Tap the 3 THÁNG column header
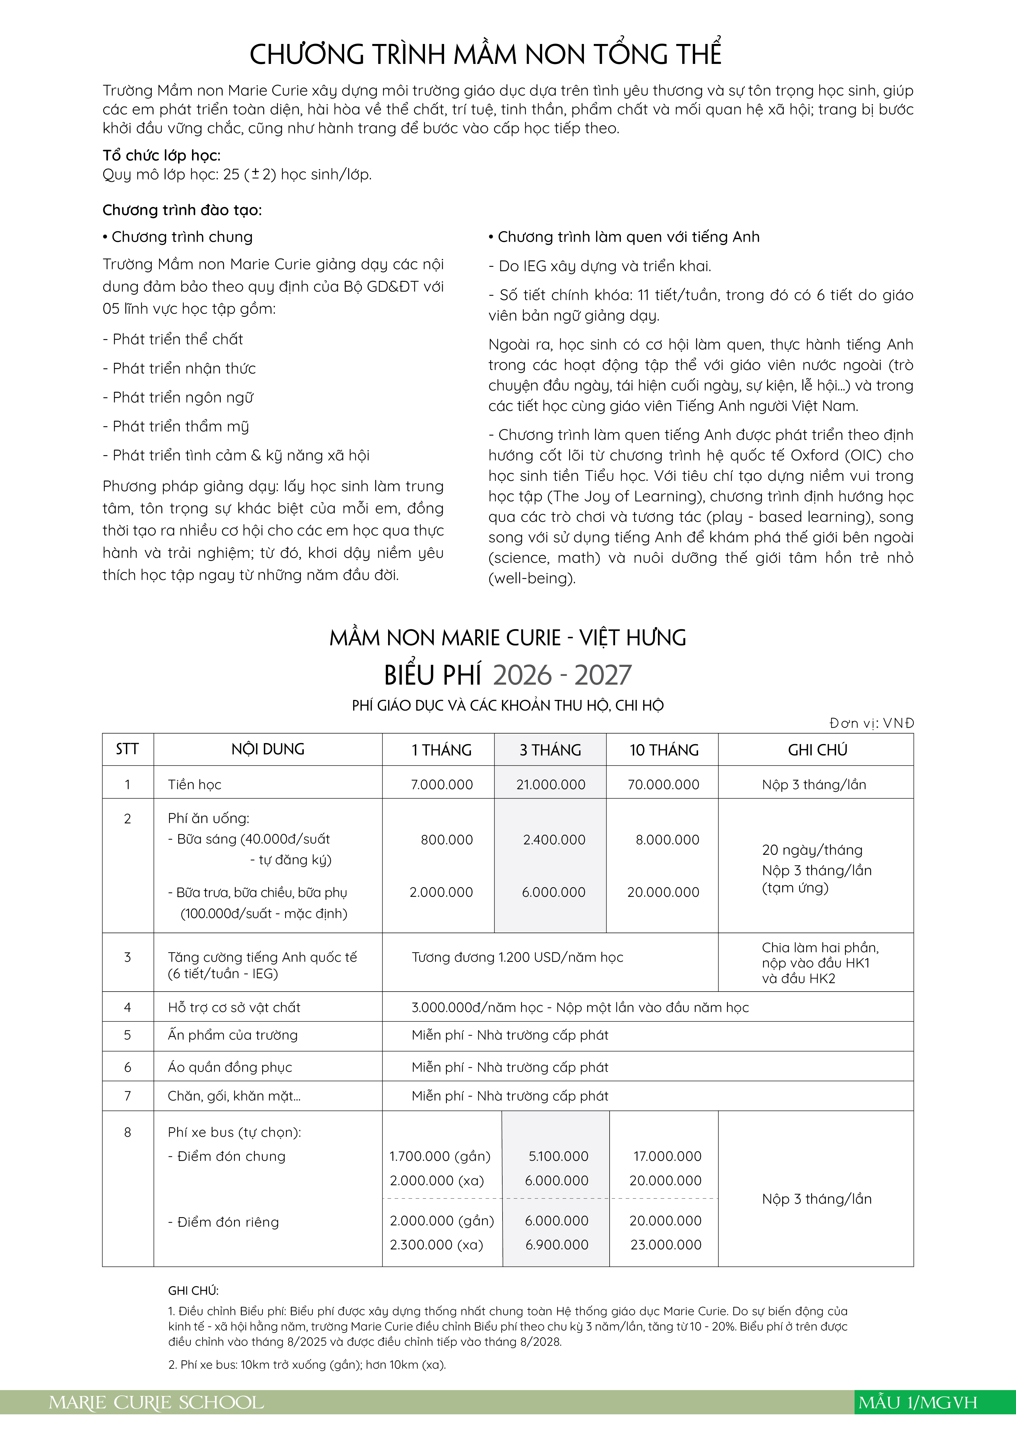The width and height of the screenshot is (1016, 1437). coord(550,750)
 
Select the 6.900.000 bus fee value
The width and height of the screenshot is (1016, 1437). coord(557,1245)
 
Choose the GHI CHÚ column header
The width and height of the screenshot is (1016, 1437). coord(817,750)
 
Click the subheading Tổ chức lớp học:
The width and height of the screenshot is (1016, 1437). coord(161,155)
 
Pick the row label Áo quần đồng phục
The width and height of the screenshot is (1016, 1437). coord(230,1067)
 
